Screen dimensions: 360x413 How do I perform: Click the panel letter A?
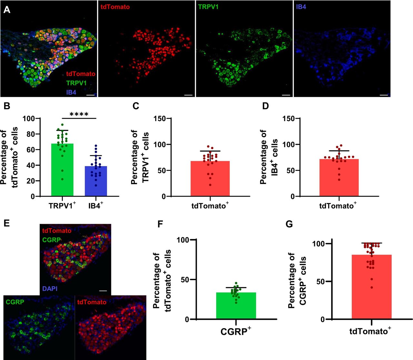(x=7, y=10)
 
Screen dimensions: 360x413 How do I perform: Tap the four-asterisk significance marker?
(x=79, y=114)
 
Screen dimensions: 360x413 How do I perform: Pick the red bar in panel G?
(x=371, y=287)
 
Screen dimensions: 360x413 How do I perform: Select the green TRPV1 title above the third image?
(x=208, y=7)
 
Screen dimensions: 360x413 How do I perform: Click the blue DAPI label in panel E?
(x=50, y=288)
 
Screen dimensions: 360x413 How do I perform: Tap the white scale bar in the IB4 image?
(x=383, y=95)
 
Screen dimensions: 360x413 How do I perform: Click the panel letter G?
(x=289, y=224)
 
